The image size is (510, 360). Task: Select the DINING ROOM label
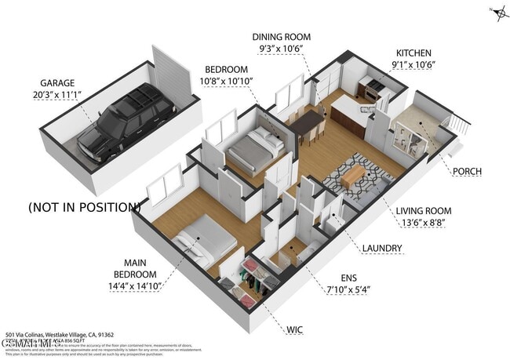(281, 37)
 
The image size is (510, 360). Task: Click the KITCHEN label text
(413, 52)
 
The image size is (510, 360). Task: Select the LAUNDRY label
(382, 249)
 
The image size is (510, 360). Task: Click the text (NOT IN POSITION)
(84, 208)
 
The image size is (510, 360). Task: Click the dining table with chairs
(307, 124)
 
